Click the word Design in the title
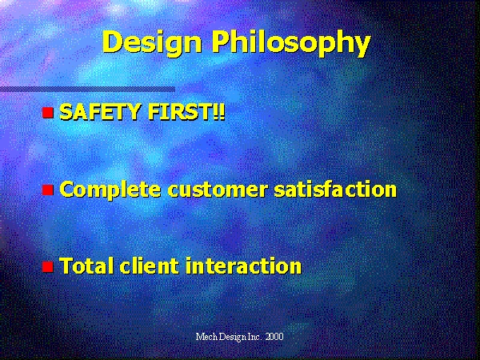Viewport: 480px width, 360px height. pyautogui.click(x=152, y=42)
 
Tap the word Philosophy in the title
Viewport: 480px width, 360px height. pyautogui.click(x=291, y=42)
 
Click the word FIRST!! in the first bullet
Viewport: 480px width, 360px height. pyautogui.click(x=186, y=111)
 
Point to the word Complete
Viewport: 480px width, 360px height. pyautogui.click(x=110, y=190)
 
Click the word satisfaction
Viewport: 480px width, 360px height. pyautogui.click(x=335, y=189)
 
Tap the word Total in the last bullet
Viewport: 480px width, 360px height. pyautogui.click(x=86, y=266)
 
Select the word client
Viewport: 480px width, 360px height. pyautogui.click(x=149, y=266)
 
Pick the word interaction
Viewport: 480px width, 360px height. pyautogui.click(x=244, y=266)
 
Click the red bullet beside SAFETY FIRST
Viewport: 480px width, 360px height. pyautogui.click(x=48, y=112)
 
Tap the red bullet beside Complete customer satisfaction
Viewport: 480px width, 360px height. pyautogui.click(x=48, y=190)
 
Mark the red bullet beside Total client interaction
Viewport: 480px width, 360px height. pyautogui.click(x=48, y=266)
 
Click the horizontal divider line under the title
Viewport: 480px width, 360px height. pyautogui.click(x=87, y=90)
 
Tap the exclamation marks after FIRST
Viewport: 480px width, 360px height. pyautogui.click(x=221, y=111)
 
